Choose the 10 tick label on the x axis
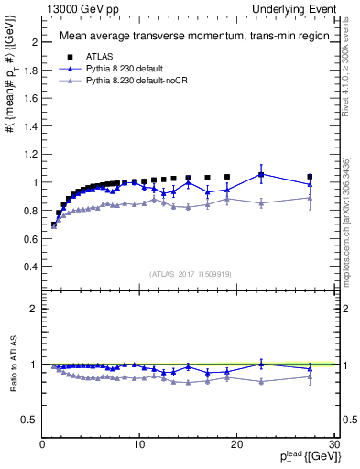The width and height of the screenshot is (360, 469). (139, 444)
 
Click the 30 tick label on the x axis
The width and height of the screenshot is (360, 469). (333, 444)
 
